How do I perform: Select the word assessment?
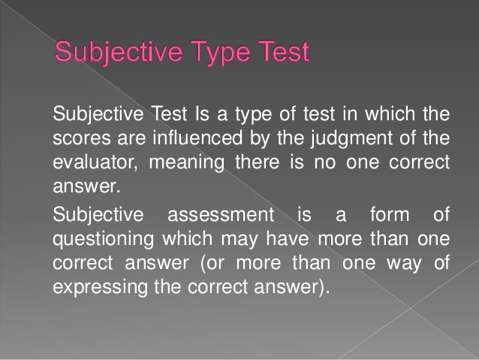(x=221, y=216)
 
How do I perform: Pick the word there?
(x=256, y=163)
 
